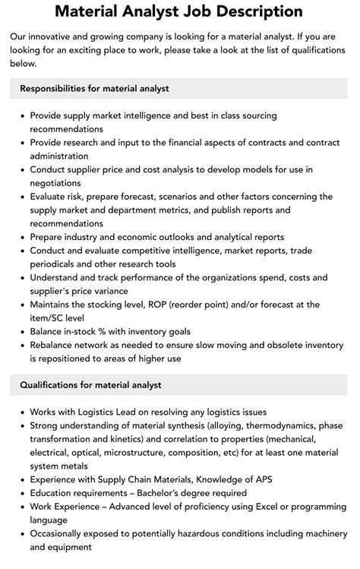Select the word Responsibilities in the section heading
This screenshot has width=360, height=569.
point(58,88)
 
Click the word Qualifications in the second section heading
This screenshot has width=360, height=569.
point(52,385)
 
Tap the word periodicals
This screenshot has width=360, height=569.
point(60,264)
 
